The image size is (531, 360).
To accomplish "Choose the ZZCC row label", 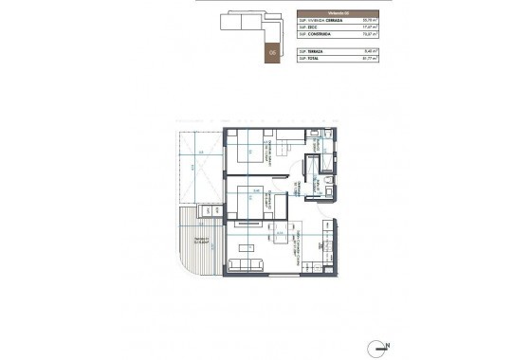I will click(311, 27).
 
